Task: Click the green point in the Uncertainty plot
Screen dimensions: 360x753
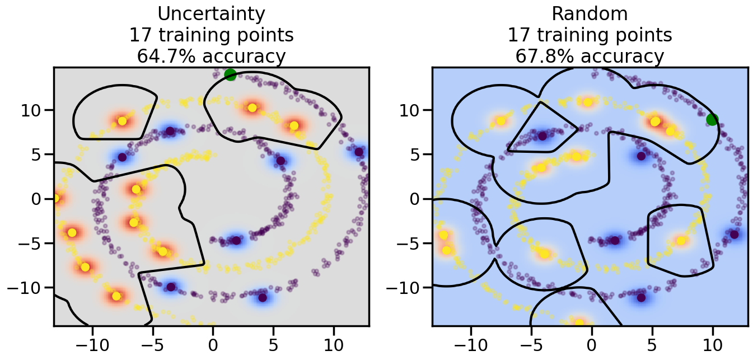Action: point(230,74)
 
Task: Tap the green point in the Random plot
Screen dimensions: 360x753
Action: point(712,119)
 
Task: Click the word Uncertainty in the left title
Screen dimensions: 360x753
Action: point(211,13)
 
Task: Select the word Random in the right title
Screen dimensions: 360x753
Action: point(590,13)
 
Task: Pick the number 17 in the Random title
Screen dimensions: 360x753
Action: point(518,35)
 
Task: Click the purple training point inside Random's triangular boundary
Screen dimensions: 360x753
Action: point(542,135)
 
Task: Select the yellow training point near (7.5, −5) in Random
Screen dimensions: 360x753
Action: point(681,241)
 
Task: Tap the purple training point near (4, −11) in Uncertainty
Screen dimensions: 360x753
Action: point(262,297)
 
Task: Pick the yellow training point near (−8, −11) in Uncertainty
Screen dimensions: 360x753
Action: point(116,296)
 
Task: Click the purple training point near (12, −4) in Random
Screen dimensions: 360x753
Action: point(734,234)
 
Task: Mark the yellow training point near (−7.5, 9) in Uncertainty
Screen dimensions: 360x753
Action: point(122,121)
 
